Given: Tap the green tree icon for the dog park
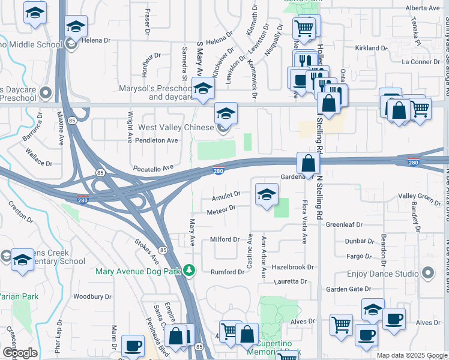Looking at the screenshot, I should [189, 270].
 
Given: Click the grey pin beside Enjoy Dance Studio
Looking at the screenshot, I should [428, 274].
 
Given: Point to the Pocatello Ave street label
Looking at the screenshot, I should [153, 169].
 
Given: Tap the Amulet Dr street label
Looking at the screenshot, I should [226, 194].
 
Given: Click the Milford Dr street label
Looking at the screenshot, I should [225, 239].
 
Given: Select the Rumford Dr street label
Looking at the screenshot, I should [227, 272].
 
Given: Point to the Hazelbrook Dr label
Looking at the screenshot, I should [293, 267].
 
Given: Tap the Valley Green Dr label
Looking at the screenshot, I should [420, 196].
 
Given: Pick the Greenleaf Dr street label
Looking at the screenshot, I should [345, 224].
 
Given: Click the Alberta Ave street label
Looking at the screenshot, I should [423, 8].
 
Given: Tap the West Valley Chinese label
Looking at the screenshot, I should [176, 128].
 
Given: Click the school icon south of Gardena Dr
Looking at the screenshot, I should [267, 194].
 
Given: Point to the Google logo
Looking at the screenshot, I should [19, 353].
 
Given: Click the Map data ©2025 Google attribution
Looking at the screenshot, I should [412, 355].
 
